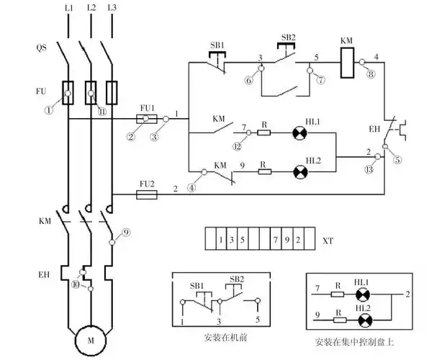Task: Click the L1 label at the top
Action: pos(68,8)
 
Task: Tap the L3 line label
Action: pos(113,8)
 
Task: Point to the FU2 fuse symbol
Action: pos(147,194)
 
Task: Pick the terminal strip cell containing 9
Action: pos(287,238)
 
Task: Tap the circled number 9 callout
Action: pos(125,233)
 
